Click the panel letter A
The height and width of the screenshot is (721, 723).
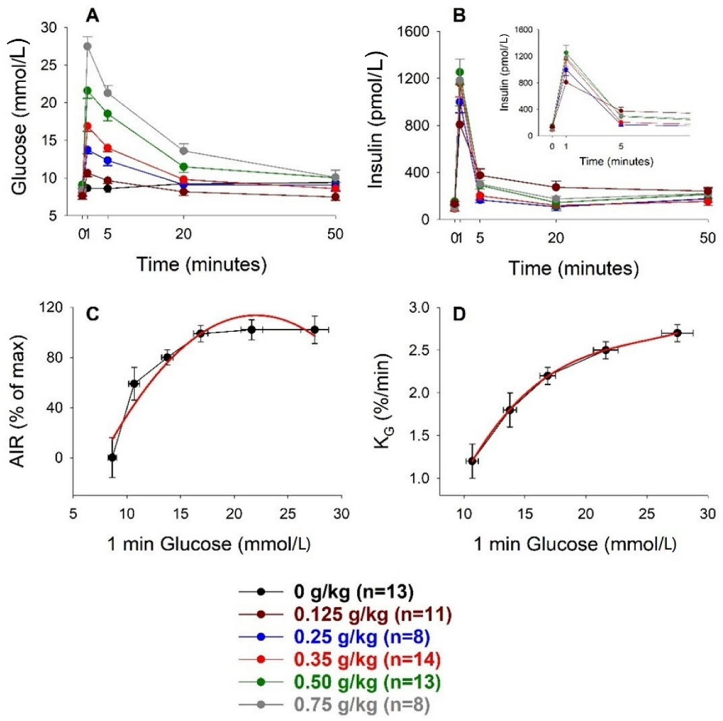point(93,16)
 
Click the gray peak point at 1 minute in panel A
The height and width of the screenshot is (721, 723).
point(88,46)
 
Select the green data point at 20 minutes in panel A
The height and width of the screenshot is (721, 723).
point(184,167)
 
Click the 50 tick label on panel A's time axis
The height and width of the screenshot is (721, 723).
point(335,235)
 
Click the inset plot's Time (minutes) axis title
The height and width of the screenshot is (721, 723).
point(616,161)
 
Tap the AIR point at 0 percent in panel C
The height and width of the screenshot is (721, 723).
point(112,458)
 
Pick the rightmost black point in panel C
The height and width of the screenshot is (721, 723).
point(315,330)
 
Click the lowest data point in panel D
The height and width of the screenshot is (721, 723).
point(472,461)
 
